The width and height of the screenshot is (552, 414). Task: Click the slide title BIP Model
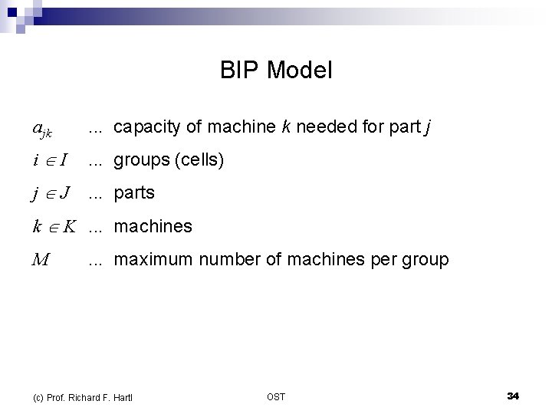276,71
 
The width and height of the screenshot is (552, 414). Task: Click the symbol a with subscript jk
42,130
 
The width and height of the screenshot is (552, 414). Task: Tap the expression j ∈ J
51,193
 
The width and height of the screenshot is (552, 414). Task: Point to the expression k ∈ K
53,226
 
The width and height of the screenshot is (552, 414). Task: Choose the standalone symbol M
41,259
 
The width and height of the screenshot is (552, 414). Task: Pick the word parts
134,193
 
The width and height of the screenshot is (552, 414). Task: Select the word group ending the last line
425,260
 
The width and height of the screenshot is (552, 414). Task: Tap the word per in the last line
381,261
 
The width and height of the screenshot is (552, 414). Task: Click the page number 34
513,396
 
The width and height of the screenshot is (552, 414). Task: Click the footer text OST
276,396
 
